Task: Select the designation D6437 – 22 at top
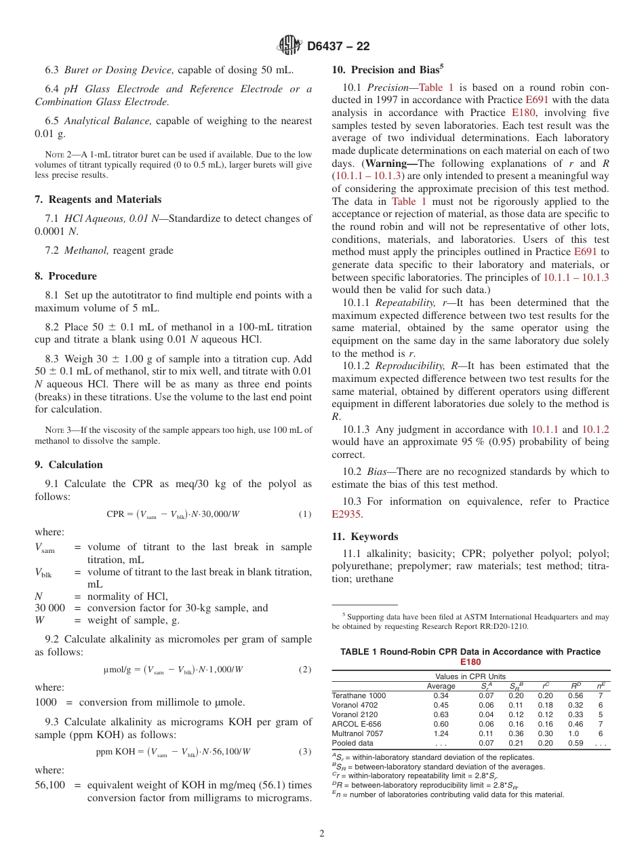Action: coord(338,46)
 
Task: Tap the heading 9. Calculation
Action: coord(68,465)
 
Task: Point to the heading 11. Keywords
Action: coord(365,536)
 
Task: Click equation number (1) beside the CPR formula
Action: coord(305,514)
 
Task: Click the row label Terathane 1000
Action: coord(359,695)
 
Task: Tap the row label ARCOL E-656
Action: coord(356,724)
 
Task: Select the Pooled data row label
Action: coord(352,743)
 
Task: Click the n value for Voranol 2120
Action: coord(600,714)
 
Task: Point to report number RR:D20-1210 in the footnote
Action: coord(497,626)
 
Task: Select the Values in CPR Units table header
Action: coord(470,676)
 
